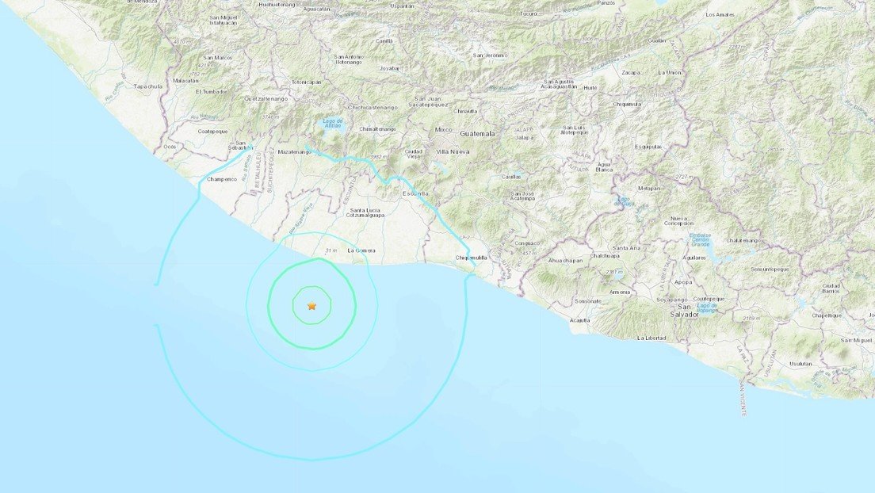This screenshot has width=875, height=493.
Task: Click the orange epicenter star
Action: [x=311, y=305]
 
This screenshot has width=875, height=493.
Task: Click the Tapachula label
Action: [x=148, y=86]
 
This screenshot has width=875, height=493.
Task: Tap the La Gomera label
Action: [x=361, y=251]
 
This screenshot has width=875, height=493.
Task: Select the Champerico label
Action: [x=222, y=179]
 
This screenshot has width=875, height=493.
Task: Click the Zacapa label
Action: [x=631, y=72]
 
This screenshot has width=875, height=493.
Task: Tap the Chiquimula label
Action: [x=627, y=104]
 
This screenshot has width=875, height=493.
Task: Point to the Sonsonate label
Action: [x=588, y=301]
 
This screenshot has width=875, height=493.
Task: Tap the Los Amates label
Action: [x=720, y=15]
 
